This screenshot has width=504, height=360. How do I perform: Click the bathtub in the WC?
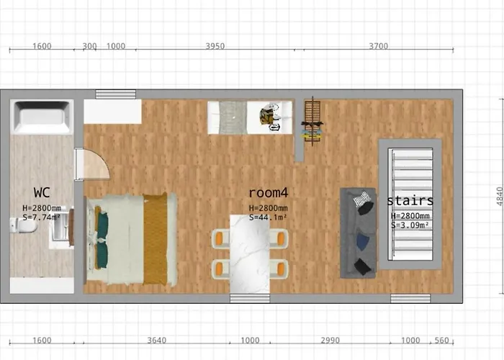tap(42, 117)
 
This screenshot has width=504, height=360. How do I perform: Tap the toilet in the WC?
tap(24, 225)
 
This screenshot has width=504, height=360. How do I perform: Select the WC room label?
tap(42, 192)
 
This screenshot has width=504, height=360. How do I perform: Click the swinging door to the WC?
tap(93, 164)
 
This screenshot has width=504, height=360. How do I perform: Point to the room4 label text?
tap(269, 192)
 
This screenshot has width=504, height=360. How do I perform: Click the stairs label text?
tap(410, 201)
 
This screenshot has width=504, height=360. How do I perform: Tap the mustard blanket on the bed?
tap(156, 238)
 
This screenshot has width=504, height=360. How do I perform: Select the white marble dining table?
tap(250, 254)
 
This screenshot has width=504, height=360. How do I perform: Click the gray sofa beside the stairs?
tap(358, 233)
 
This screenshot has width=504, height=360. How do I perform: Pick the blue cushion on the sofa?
tap(363, 241)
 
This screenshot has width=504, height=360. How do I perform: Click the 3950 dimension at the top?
tap(215, 46)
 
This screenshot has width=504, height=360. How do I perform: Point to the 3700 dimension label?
tap(378, 46)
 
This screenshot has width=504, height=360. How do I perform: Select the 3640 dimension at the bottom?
tap(157, 341)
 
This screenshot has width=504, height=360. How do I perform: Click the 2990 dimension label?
tap(330, 341)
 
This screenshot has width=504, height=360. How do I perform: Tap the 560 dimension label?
tap(441, 341)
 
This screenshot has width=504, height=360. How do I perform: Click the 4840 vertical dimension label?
tap(500, 197)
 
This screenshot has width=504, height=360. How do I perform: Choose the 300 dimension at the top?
tap(89, 46)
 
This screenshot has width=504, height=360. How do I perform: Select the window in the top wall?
tap(116, 94)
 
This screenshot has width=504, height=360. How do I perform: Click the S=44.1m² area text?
tap(268, 217)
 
